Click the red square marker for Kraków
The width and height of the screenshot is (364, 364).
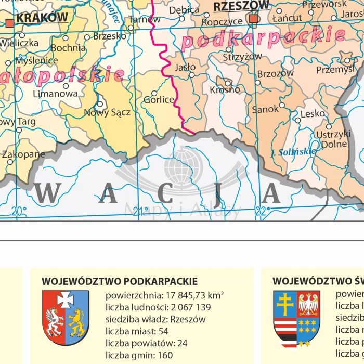pyautogui.click(x=10, y=22)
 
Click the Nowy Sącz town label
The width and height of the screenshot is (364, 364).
pyautogui.click(x=107, y=112)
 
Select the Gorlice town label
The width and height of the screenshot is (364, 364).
pyautogui.click(x=159, y=99)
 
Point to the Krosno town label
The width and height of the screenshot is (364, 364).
pyautogui.click(x=225, y=89)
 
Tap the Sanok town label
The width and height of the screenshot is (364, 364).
pyautogui.click(x=265, y=110)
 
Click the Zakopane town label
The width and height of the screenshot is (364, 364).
pyautogui.click(x=23, y=154)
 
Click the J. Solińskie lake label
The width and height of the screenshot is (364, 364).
pyautogui.click(x=294, y=152)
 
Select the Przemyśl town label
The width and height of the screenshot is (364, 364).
pyautogui.click(x=335, y=69)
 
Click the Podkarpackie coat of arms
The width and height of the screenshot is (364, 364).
pyautogui.click(x=65, y=318)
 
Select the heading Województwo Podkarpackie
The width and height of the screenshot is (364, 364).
pyautogui.click(x=120, y=281)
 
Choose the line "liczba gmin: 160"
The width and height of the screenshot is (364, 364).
pyautogui.click(x=139, y=355)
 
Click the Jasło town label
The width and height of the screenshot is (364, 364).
pyautogui.click(x=185, y=67)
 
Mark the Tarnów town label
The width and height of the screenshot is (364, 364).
pyautogui.click(x=145, y=20)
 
